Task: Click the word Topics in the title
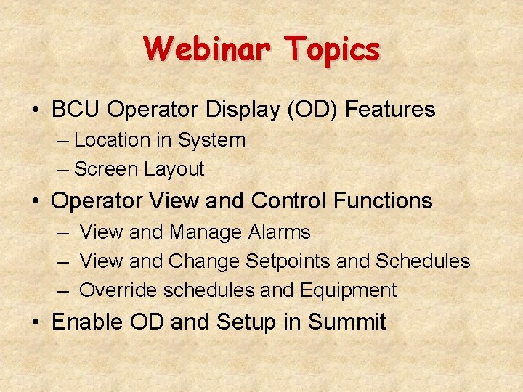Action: pos(332,49)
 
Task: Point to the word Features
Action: pos(390,110)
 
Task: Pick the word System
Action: pos(212,140)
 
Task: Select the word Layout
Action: pos(174,169)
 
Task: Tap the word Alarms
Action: pos(279,232)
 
